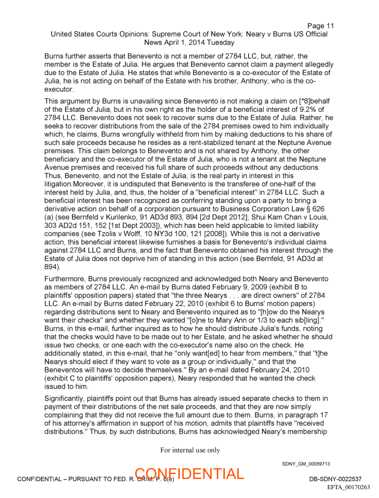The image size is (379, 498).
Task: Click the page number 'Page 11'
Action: coord(320,26)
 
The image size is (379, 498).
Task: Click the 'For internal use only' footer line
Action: coord(190,450)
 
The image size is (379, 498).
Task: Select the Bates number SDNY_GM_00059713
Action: coord(306,464)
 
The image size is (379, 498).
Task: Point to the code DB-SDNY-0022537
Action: coord(335,479)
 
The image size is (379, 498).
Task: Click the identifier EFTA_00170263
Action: coord(348,487)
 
